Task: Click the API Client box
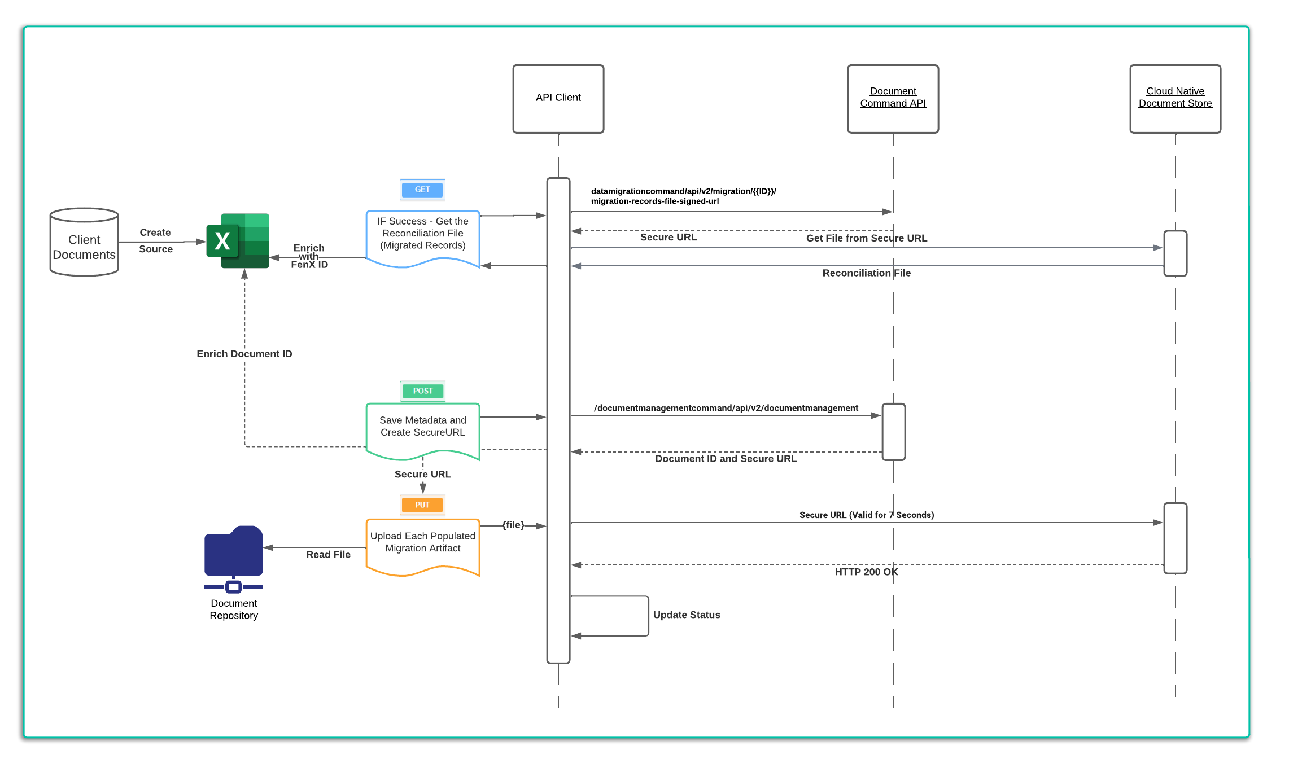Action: (558, 99)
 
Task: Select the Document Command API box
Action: (893, 99)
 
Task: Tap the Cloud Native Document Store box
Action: (1175, 99)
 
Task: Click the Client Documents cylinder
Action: (84, 243)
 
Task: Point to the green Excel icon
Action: (238, 241)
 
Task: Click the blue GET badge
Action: (422, 190)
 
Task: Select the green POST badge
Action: (422, 391)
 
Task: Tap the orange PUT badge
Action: (422, 505)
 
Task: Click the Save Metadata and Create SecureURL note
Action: (422, 429)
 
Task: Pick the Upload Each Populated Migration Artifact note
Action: (422, 545)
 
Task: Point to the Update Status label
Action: (687, 615)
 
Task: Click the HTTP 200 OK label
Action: (866, 572)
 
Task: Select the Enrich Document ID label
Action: (244, 354)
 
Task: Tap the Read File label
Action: (328, 555)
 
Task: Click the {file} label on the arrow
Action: (513, 525)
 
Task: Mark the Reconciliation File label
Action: (866, 273)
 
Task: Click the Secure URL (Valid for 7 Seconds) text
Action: (866, 515)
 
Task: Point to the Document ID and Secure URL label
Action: (726, 459)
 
